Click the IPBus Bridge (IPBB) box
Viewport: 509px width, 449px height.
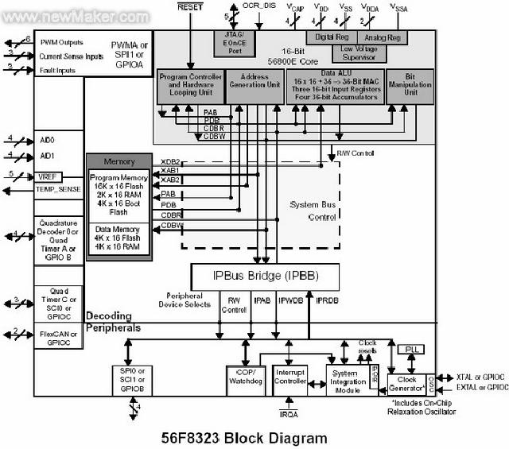(x=265, y=276)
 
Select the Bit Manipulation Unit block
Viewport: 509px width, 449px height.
(x=410, y=86)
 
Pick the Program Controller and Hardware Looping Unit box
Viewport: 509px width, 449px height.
(x=190, y=86)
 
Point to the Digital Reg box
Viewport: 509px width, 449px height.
(x=332, y=37)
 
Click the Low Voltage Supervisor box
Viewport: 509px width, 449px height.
(x=359, y=52)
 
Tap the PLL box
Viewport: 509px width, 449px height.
(x=410, y=350)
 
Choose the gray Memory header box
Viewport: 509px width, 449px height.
(x=119, y=161)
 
